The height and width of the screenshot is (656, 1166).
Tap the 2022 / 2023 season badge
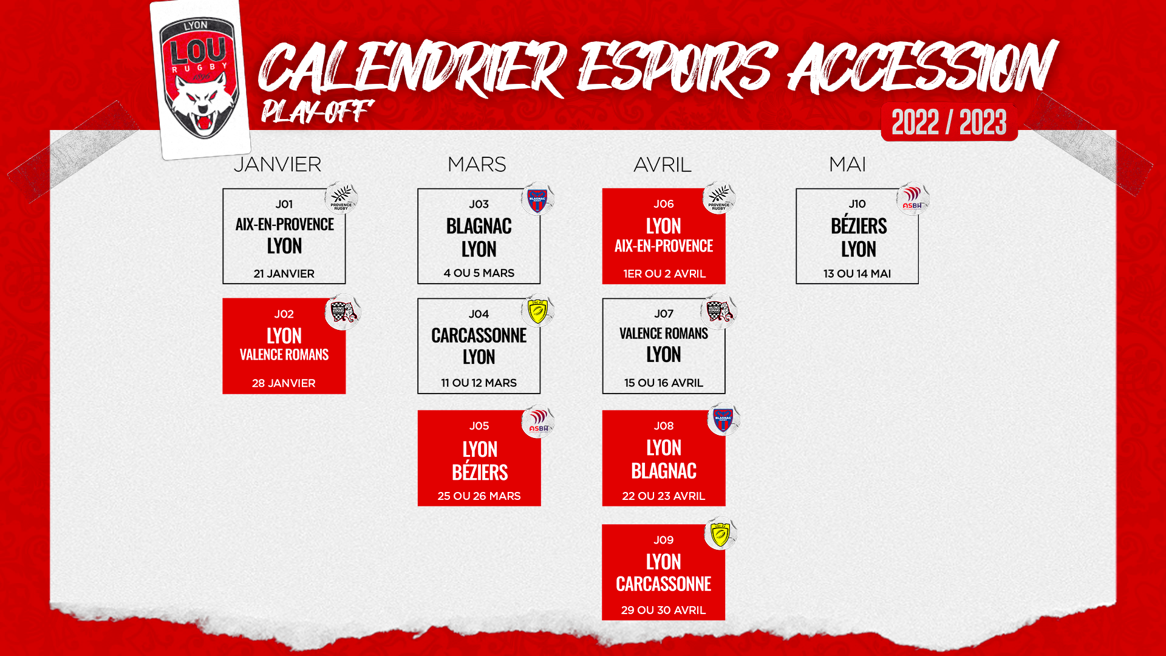(x=949, y=122)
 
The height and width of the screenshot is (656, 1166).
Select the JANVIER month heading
(x=278, y=165)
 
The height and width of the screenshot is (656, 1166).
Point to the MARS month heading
(x=477, y=165)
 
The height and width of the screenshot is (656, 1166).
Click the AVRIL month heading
(x=663, y=165)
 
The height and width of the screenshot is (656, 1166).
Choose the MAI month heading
(x=848, y=165)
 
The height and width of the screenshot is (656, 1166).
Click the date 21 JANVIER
(x=284, y=274)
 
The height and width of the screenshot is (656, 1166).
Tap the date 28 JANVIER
(x=284, y=383)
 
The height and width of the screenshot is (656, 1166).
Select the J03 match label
(x=479, y=204)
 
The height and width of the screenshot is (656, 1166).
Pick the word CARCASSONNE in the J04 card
(x=479, y=335)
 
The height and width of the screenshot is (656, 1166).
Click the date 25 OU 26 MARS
(x=479, y=496)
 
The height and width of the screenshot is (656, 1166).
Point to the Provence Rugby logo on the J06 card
(x=719, y=198)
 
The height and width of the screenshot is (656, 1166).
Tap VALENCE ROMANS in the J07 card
(x=664, y=333)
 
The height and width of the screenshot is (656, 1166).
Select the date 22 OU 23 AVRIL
(x=664, y=496)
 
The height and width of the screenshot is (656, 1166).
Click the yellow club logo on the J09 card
(x=720, y=533)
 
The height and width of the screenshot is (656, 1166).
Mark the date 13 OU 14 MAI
(x=857, y=274)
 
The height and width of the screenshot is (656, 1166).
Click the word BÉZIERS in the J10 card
(x=859, y=225)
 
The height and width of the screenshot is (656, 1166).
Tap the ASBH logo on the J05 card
(x=538, y=422)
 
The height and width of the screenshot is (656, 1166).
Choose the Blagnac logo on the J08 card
(x=723, y=419)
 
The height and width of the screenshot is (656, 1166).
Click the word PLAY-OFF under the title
(x=316, y=111)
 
